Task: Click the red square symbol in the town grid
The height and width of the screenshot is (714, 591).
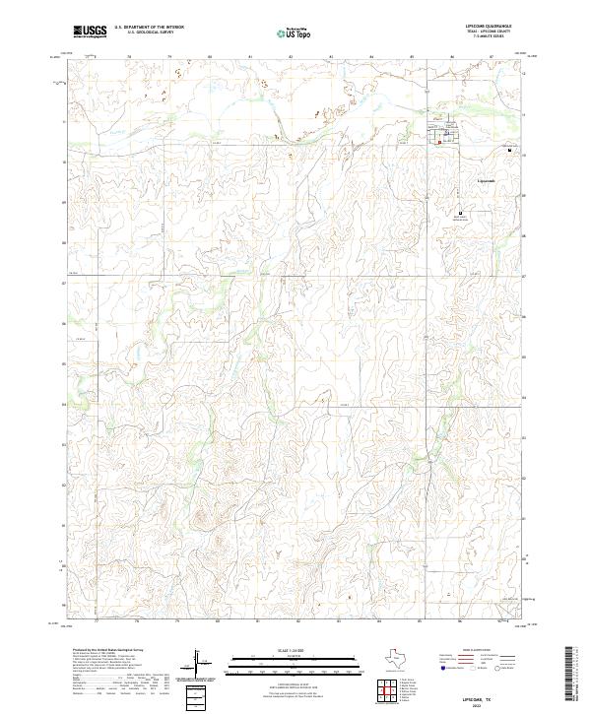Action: coord(439,142)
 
